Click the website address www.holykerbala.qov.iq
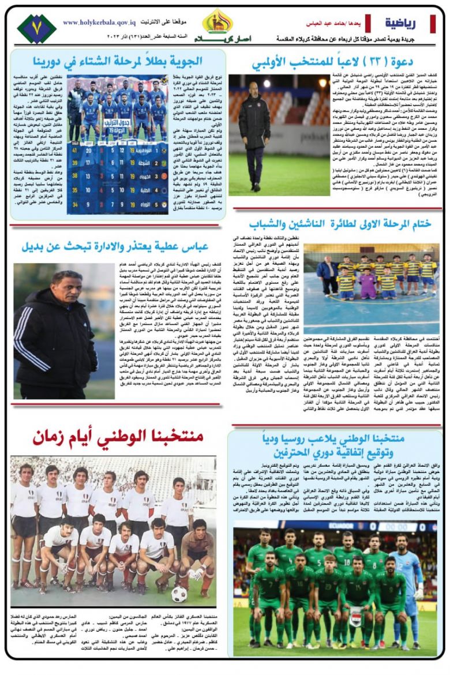click(x=99, y=22)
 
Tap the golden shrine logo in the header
click(x=217, y=21)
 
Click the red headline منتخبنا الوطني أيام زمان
click(x=118, y=437)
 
